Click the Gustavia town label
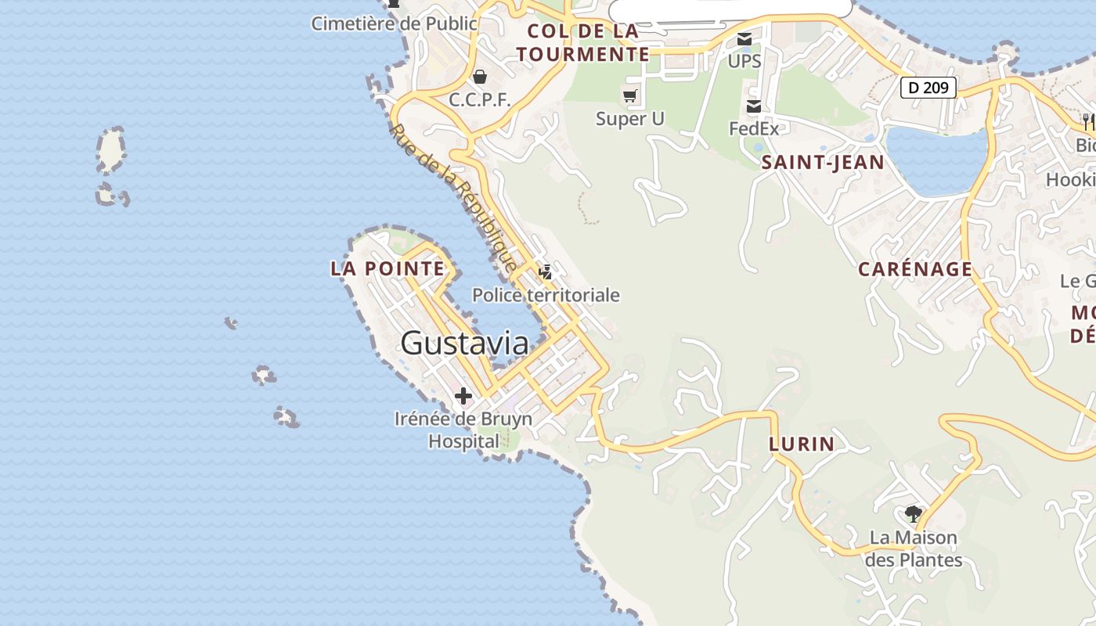[x=465, y=343]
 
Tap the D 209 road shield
[x=928, y=87]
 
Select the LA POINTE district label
[x=388, y=268]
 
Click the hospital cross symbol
[x=463, y=396]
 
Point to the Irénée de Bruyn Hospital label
[x=463, y=430]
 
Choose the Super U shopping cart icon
[x=629, y=96]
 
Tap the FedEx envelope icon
[x=753, y=106]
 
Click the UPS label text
[x=744, y=61]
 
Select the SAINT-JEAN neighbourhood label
[x=823, y=163]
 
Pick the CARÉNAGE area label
[x=915, y=269]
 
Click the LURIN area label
[x=802, y=444]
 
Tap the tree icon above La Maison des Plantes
[x=913, y=514]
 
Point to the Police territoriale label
[x=546, y=295]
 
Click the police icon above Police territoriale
[x=546, y=272]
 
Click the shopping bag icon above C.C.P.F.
[x=479, y=77]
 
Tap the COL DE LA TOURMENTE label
[x=583, y=43]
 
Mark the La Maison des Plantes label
[x=914, y=549]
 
